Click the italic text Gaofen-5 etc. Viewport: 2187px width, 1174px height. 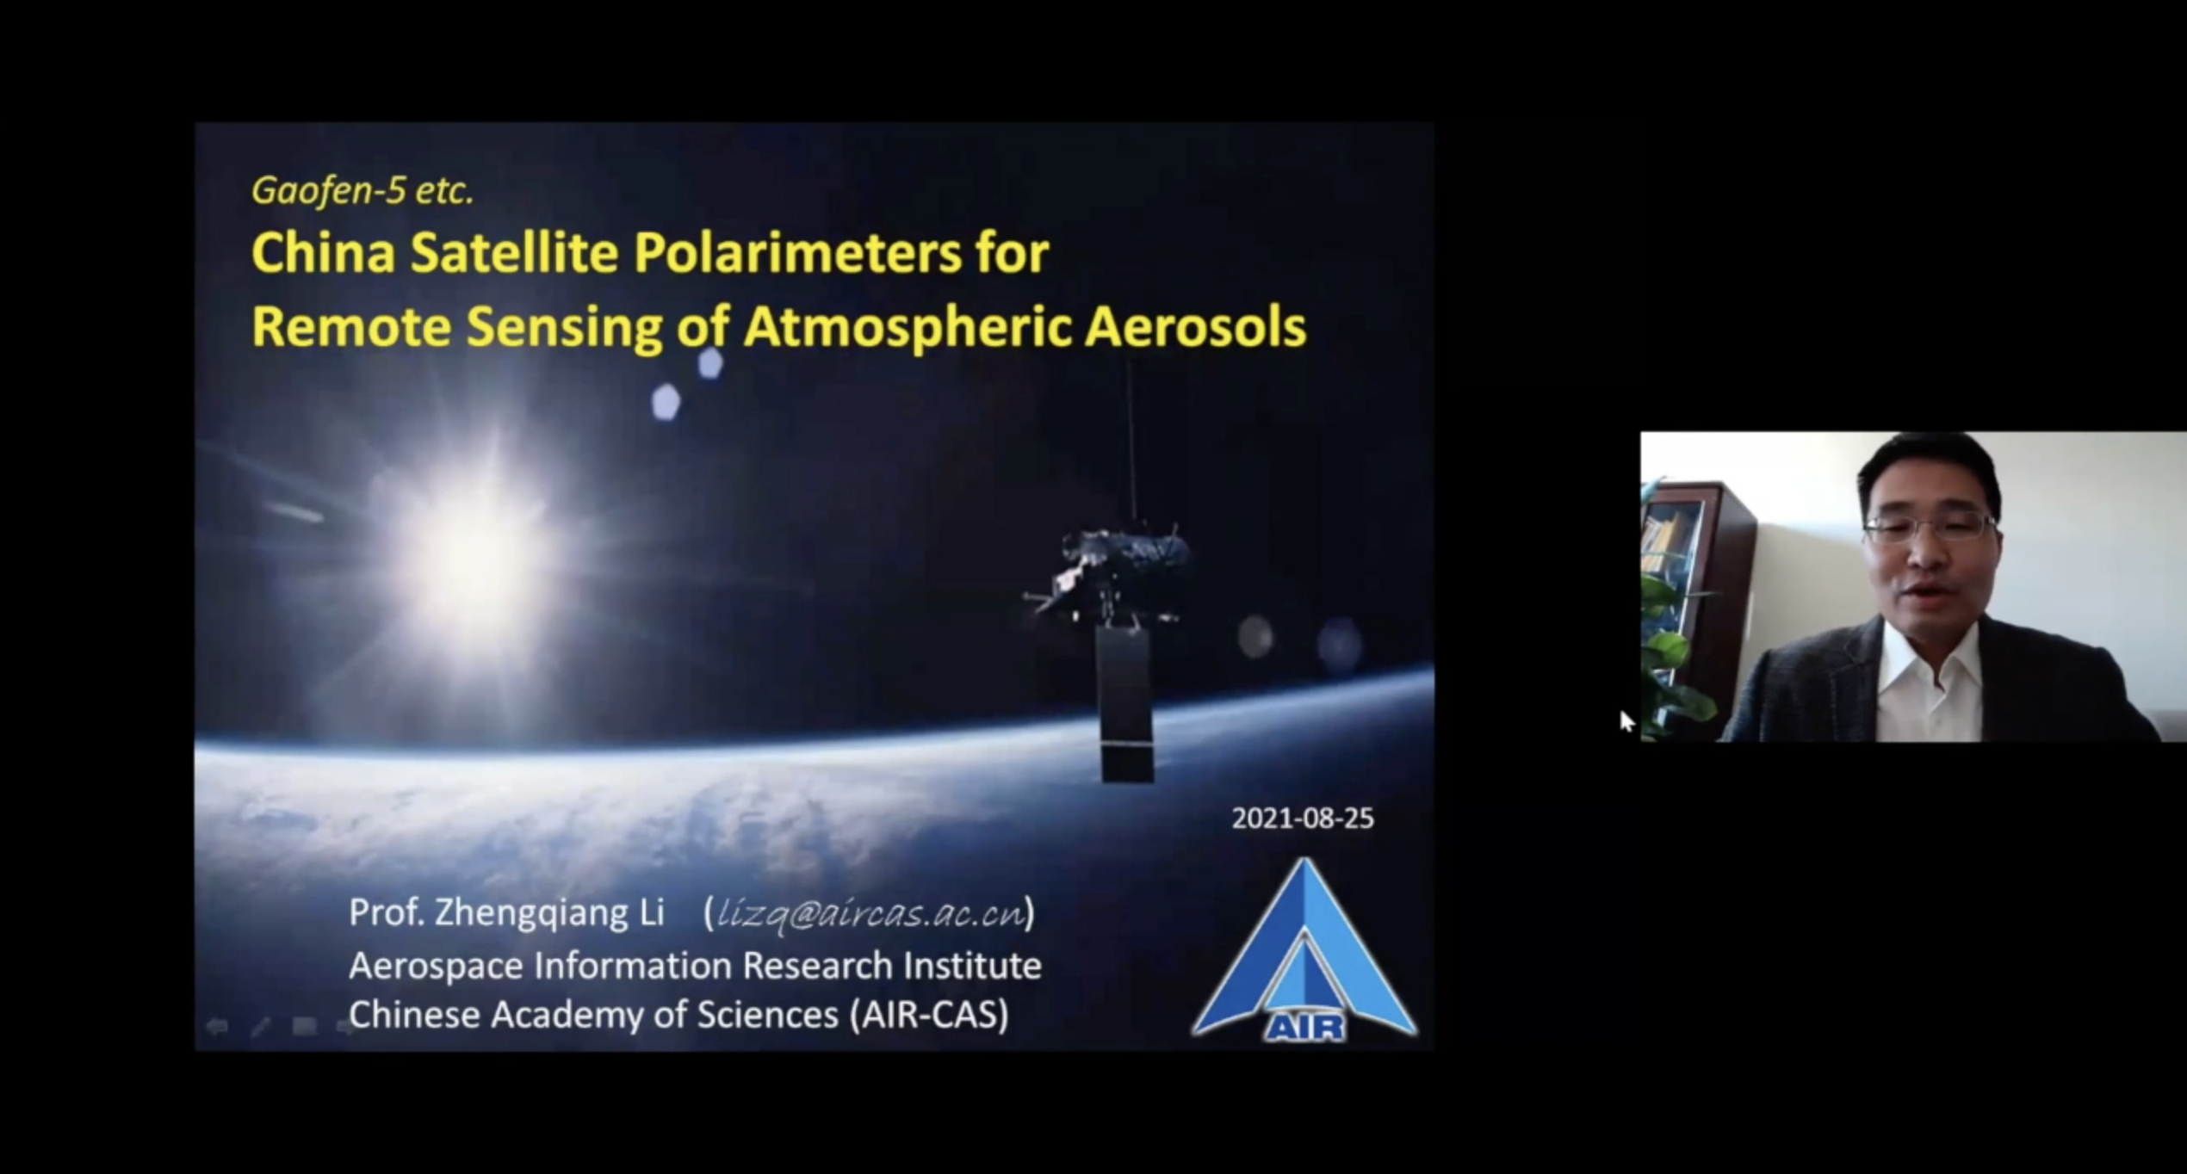click(362, 190)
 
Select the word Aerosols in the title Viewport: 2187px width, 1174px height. click(1195, 327)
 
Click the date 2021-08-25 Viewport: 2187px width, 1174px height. click(1303, 818)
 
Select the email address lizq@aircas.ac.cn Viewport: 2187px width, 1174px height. click(870, 913)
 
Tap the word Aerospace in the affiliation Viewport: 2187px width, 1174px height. click(436, 967)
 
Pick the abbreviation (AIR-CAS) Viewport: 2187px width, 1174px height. click(928, 1015)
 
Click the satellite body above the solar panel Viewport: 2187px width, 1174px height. click(1111, 572)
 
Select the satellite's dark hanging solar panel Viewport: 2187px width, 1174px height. click(1125, 704)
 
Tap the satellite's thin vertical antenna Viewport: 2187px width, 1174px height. click(1131, 443)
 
